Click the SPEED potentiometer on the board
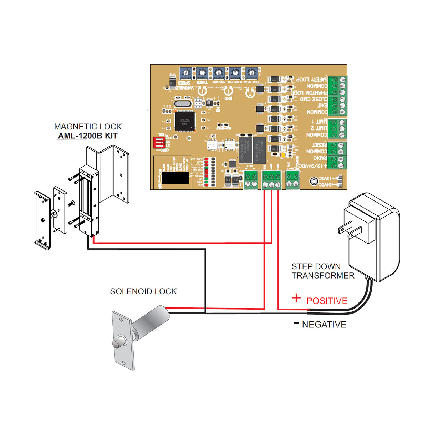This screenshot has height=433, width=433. pos(185,73)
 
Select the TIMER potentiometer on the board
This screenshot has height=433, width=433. pos(202,73)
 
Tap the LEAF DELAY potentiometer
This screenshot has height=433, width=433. pos(251,73)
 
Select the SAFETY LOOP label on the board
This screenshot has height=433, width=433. pos(312,79)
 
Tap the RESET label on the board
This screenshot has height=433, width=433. pos(319,145)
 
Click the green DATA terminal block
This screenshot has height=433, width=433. pos(251,180)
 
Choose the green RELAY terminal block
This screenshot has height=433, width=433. pos(292,180)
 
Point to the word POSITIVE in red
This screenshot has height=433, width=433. pos(327,301)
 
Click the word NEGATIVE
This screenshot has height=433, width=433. pos(324,325)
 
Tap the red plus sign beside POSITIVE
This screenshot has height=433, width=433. pos(296,298)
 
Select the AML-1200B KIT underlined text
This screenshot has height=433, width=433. pos(88,136)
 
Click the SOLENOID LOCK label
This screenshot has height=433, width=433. pos(143,291)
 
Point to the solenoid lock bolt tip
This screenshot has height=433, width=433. pos(116,344)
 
